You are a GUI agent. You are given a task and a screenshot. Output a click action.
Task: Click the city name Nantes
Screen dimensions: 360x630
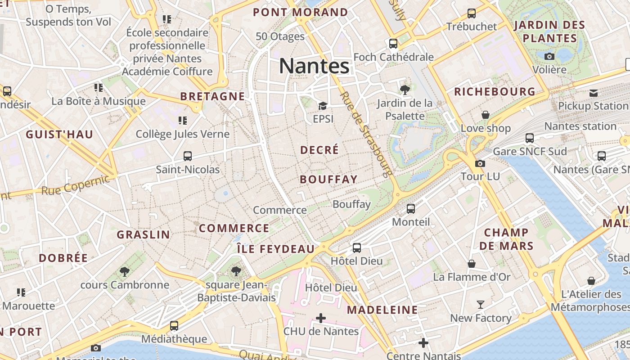pos(314,66)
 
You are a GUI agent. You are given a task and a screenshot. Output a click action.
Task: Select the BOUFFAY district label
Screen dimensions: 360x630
pos(328,180)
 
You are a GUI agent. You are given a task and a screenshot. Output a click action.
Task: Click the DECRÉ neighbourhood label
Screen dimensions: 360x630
pos(319,150)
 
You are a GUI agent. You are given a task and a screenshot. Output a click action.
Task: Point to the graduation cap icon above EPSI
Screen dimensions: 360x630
pos(323,106)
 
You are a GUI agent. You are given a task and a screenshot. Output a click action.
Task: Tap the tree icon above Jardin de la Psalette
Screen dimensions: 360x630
pos(405,90)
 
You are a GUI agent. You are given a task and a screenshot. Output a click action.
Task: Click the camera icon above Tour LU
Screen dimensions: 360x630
pos(480,163)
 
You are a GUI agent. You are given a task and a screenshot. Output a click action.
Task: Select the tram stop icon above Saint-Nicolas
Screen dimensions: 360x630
pos(188,156)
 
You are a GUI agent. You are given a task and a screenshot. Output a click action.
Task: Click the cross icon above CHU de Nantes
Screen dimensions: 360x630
pos(321,319)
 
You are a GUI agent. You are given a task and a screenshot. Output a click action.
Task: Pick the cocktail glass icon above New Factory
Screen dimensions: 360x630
pos(481,305)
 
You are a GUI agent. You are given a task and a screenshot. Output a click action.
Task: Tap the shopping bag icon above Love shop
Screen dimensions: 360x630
pos(486,115)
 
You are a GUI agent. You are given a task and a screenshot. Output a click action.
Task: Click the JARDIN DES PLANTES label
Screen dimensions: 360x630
pos(549,31)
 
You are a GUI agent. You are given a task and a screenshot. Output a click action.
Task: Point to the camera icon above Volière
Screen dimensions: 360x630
pos(549,56)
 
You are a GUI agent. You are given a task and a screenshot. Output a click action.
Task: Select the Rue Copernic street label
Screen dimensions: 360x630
pos(75,185)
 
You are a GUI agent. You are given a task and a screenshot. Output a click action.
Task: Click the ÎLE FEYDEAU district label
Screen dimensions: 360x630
pos(276,249)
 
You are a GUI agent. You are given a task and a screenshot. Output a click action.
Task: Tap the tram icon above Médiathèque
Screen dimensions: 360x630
pos(174,325)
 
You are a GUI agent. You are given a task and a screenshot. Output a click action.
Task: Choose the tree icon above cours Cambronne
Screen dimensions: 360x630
pos(125,271)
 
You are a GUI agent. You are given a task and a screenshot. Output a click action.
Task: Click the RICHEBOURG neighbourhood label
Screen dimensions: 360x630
pos(495,92)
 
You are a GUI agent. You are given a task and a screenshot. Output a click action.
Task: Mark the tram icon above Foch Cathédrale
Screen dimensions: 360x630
pos(393,44)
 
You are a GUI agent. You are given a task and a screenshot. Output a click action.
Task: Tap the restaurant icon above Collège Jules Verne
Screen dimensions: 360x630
pos(182,120)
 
